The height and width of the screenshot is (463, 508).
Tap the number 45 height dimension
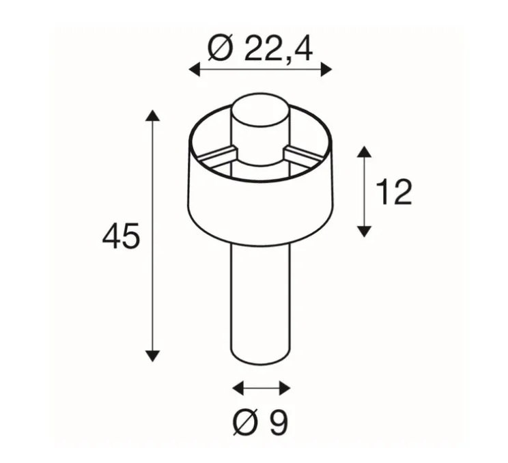121,237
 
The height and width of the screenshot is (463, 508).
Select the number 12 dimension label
394,193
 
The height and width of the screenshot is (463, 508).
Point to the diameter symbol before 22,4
219,49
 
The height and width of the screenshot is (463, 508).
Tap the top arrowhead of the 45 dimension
152,115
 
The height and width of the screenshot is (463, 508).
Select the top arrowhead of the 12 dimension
365,152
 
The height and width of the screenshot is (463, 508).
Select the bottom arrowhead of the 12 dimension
365,231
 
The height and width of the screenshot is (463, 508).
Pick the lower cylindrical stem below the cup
260,300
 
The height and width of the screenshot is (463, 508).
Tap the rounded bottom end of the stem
260,360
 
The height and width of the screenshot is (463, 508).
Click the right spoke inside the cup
304,152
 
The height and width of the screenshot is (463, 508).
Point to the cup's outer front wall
260,205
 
